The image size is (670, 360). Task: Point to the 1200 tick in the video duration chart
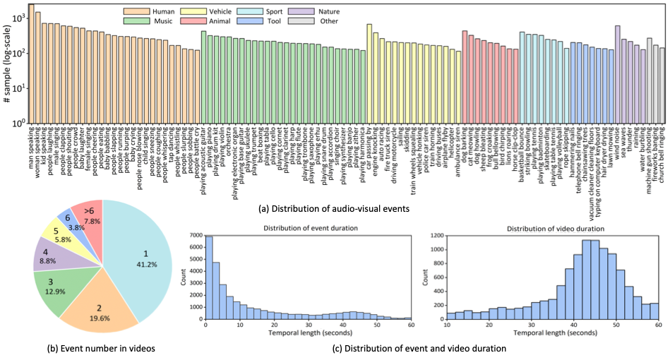(x=436, y=235)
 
